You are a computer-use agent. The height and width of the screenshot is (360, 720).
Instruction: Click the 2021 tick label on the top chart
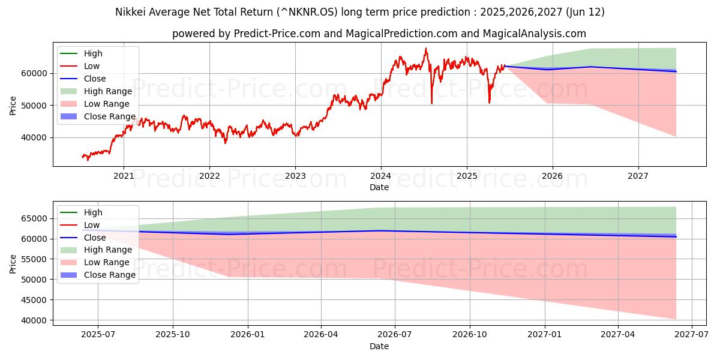pyautogui.click(x=124, y=176)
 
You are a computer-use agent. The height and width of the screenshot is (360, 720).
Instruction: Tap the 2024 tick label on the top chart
pyautogui.click(x=380, y=176)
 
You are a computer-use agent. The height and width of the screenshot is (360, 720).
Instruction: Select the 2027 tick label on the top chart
pyautogui.click(x=638, y=176)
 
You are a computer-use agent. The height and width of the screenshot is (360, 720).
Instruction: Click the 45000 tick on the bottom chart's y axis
pyautogui.click(x=35, y=300)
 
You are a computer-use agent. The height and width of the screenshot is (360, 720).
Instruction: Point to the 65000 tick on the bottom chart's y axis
pyautogui.click(x=35, y=218)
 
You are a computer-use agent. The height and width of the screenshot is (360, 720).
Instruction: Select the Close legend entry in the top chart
pyautogui.click(x=95, y=79)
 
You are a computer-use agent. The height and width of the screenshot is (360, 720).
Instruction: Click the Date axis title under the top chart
pyautogui.click(x=379, y=187)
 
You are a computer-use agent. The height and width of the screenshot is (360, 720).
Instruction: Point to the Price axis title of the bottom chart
pyautogui.click(x=13, y=263)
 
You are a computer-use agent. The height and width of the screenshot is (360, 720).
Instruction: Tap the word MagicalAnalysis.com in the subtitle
pyautogui.click(x=538, y=34)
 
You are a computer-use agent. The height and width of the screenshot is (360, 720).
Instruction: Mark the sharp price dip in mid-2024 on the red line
pyautogui.click(x=431, y=103)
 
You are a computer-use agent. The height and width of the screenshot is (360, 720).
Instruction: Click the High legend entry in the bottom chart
pyautogui.click(x=93, y=212)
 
